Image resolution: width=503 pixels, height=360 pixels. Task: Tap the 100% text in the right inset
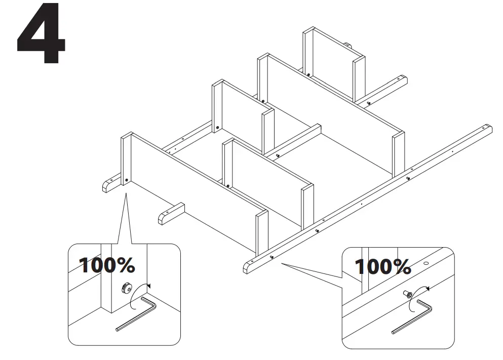click(382, 266)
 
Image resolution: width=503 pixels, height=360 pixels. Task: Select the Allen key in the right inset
click(411, 317)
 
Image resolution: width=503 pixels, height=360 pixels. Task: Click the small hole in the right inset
click(425, 263)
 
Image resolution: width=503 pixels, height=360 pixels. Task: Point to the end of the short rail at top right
click(403, 80)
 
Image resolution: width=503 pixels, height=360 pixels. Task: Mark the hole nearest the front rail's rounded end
click(272, 257)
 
